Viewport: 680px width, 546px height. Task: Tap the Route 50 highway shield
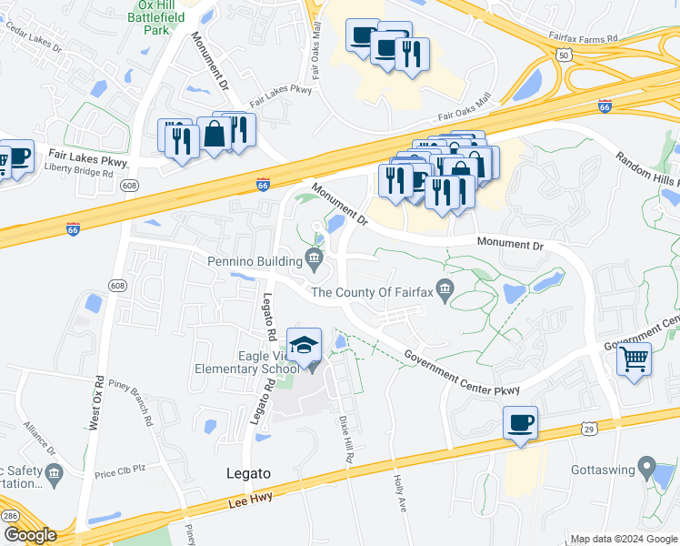pos(565,56)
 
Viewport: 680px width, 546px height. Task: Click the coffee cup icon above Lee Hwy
pos(520,423)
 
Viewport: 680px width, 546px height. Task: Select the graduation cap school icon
pos(304,345)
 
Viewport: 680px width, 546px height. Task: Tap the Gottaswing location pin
pos(646,467)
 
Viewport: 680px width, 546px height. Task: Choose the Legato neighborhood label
pos(248,473)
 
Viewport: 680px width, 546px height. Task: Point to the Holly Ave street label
pos(398,490)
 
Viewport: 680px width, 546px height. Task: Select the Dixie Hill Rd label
pos(347,438)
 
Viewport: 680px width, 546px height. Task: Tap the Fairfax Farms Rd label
pos(583,39)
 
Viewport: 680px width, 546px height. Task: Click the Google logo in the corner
pos(29,535)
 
